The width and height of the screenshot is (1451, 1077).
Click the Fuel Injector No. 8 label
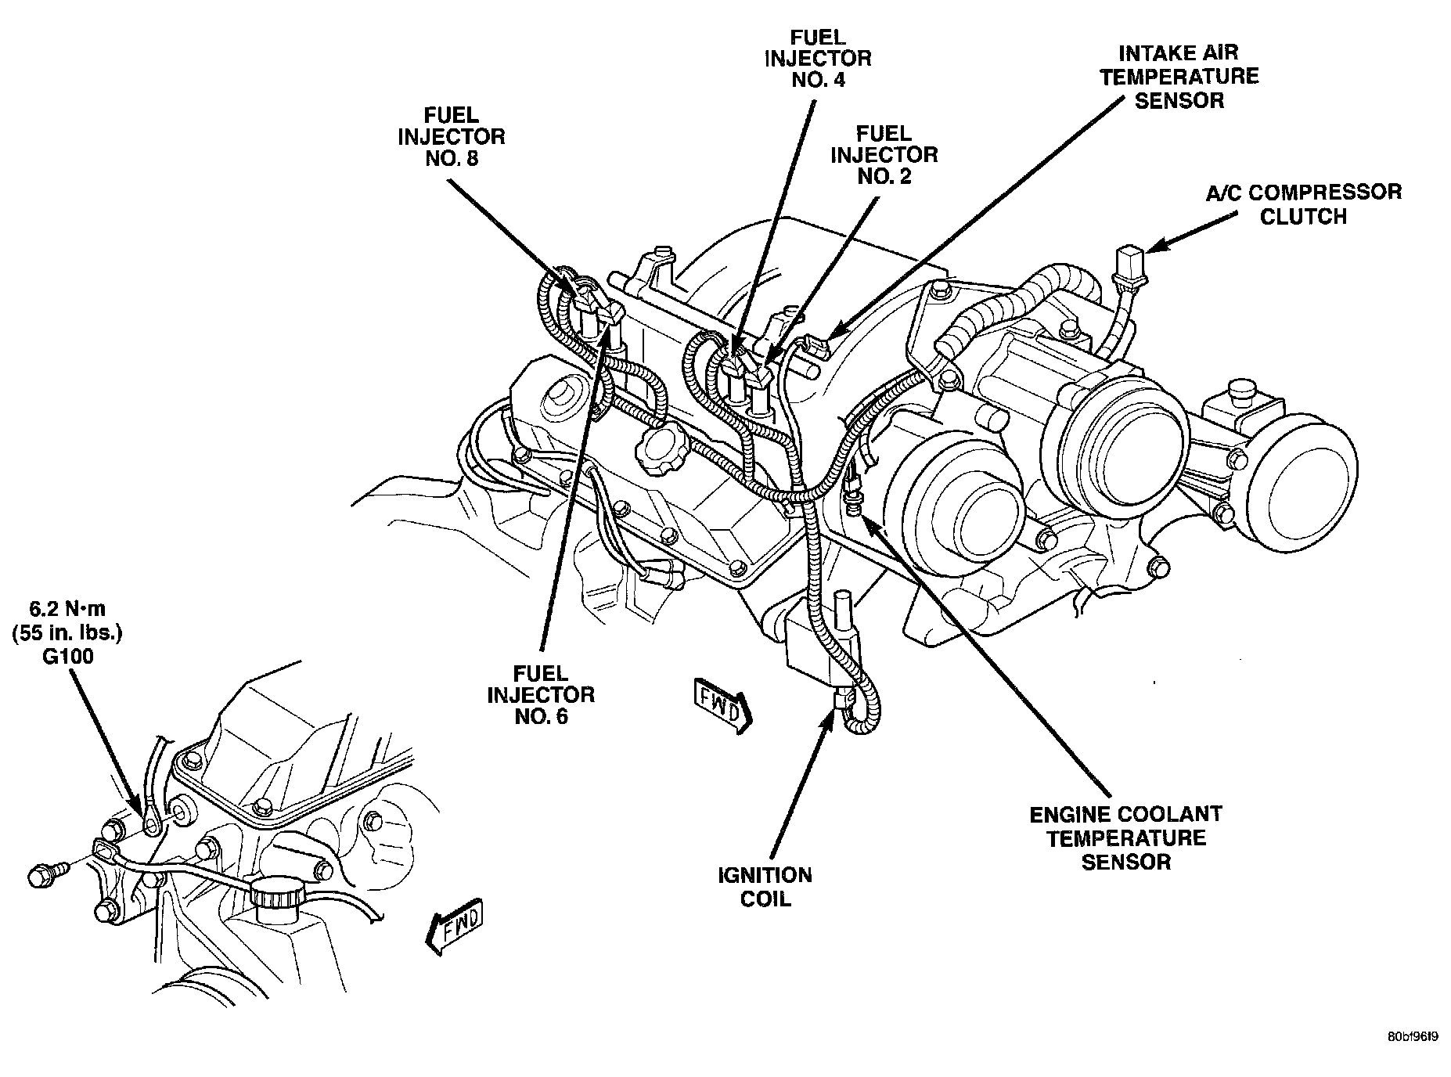coord(451,136)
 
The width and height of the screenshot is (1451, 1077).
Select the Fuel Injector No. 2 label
coord(884,154)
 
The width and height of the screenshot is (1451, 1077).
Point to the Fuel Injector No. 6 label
coord(541,694)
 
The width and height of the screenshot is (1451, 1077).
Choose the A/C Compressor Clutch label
coord(1303,204)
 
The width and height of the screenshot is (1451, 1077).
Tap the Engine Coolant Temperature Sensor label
coord(1125,838)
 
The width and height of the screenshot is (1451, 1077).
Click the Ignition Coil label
coord(765,886)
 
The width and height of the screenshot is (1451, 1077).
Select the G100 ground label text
coord(68,656)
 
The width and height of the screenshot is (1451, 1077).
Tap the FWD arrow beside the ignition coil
coord(722,707)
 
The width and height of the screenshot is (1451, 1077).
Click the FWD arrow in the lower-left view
coord(455,930)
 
